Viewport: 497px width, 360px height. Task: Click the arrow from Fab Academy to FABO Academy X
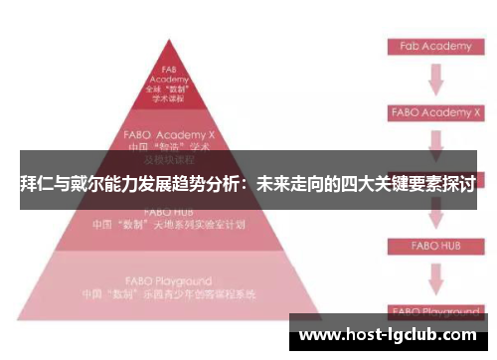[x=434, y=80]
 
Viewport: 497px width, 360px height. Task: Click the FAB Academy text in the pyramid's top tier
[x=169, y=76]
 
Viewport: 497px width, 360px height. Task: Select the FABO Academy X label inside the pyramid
[x=170, y=130]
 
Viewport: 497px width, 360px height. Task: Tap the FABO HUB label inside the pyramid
[x=169, y=212]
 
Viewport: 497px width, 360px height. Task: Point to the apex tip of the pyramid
[x=169, y=42]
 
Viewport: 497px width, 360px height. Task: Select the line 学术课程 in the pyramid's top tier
[x=169, y=99]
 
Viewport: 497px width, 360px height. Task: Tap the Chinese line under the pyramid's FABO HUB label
[x=170, y=224]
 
